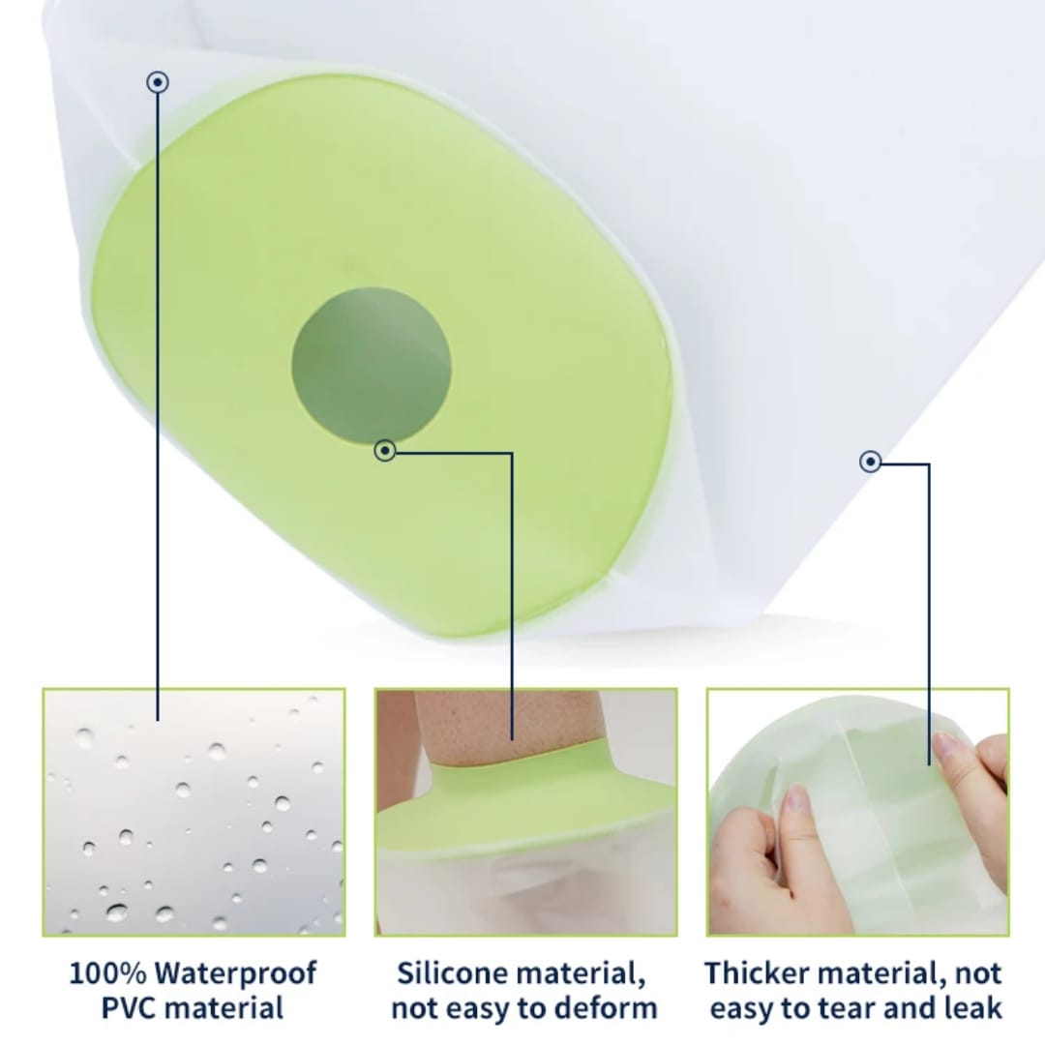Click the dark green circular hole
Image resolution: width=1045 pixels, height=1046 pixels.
coord(372,366)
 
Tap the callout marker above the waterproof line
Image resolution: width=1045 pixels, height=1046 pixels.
coord(158,82)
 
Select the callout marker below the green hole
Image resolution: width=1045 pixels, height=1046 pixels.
coord(385,450)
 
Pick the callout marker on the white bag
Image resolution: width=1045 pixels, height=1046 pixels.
coord(870,462)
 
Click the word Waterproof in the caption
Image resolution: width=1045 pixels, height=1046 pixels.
coord(235,973)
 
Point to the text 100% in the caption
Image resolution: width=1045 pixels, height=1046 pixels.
coord(107,973)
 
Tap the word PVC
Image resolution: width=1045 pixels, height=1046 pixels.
coord(130,1008)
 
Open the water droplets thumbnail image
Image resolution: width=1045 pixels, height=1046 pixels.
coord(194,812)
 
